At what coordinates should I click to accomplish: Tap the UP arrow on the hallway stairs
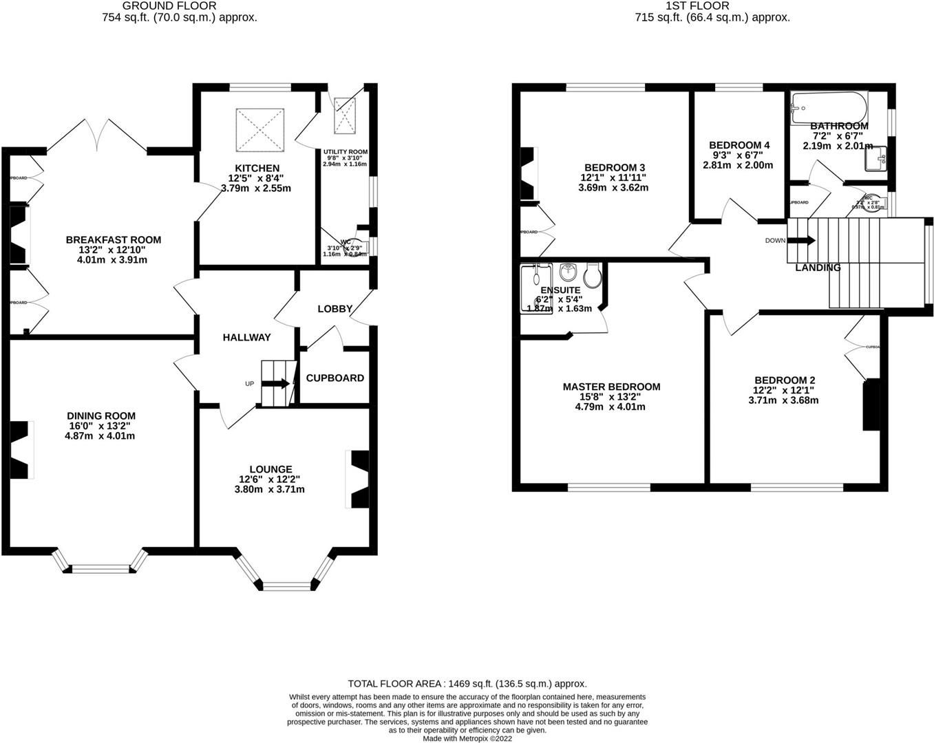coord(277,384)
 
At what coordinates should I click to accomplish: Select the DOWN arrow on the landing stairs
coord(801,241)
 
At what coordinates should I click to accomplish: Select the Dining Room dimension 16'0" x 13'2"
coord(100,426)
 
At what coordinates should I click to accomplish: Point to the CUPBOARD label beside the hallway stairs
coord(335,378)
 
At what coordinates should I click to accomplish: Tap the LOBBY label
coord(335,309)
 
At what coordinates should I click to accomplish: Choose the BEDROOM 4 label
coord(739,145)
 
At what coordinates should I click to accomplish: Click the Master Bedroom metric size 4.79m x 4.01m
coord(611,407)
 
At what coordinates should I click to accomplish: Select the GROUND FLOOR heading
coord(160,6)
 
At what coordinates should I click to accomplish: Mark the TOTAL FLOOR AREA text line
coord(467,684)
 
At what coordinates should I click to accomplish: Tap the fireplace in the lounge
coord(359,479)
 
